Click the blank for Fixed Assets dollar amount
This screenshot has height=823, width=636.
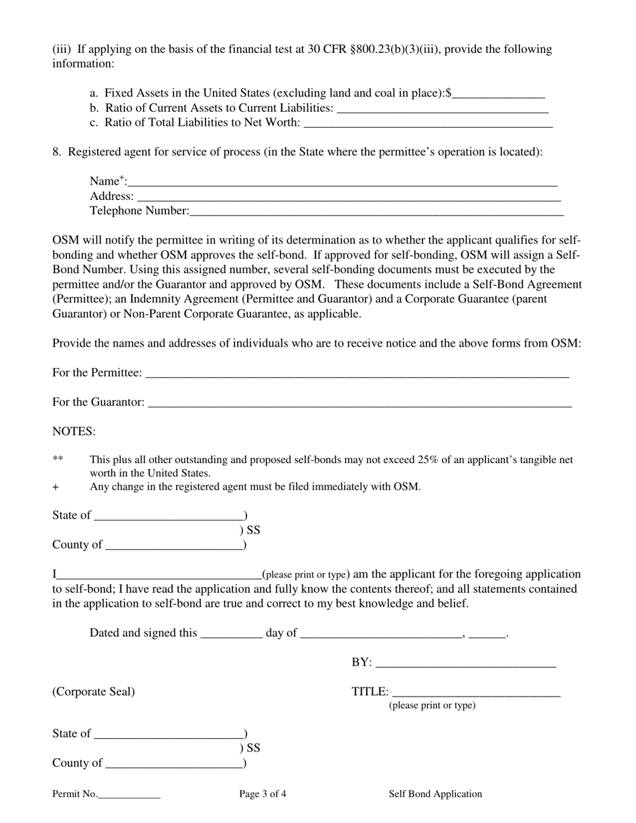click(x=499, y=94)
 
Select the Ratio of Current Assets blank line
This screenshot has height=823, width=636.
click(x=443, y=109)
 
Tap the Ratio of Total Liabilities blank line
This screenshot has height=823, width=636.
click(x=428, y=124)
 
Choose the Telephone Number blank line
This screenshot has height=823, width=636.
click(x=376, y=212)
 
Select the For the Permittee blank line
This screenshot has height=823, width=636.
click(x=357, y=374)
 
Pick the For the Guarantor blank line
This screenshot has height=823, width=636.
click(x=360, y=403)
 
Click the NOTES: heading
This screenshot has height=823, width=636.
click(x=74, y=432)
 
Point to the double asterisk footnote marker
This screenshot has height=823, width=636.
click(x=58, y=460)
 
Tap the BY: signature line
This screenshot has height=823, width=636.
click(x=466, y=663)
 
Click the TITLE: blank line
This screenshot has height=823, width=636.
click(x=476, y=693)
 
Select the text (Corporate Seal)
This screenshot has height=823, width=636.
click(x=94, y=692)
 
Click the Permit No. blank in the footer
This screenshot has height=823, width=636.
click(x=129, y=796)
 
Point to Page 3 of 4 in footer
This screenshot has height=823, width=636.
click(x=262, y=794)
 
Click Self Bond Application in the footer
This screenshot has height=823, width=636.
click(x=435, y=794)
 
